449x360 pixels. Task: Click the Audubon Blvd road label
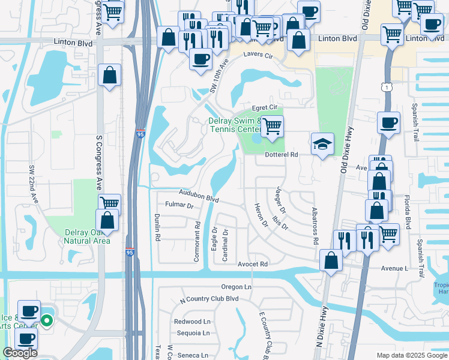coord(197,196)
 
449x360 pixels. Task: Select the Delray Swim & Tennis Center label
coord(234,125)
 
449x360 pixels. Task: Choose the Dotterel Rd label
coord(282,154)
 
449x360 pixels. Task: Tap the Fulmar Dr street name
coord(181,206)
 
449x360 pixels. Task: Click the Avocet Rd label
coord(252,264)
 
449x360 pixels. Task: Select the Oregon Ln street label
coord(236,287)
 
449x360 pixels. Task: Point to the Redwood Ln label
coord(192,322)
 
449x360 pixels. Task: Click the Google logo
coord(20,353)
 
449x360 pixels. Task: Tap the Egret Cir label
coord(264,107)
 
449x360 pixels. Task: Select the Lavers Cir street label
coord(258,55)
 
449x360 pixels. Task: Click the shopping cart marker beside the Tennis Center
coord(273,127)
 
